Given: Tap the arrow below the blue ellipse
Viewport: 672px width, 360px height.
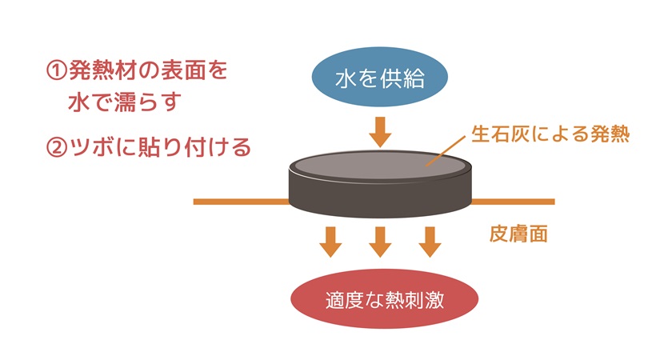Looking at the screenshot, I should click(x=380, y=131).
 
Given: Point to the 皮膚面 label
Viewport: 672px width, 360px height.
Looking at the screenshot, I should click(x=518, y=236).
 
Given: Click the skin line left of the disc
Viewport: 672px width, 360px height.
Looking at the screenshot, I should click(x=240, y=202).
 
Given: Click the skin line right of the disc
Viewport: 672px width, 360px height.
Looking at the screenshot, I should click(x=512, y=202).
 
